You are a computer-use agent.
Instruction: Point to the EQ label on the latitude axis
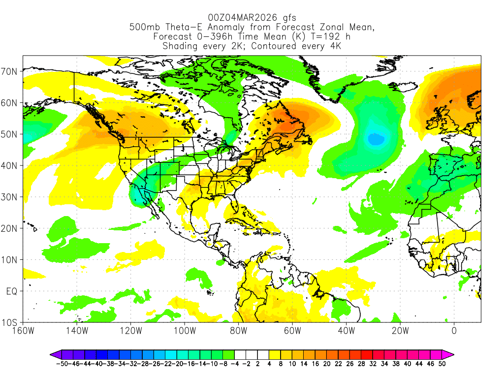(x=12, y=291)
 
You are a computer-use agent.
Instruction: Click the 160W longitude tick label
(x=23, y=331)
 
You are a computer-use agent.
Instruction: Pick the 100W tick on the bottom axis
(x=185, y=331)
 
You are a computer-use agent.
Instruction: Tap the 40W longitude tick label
(x=346, y=331)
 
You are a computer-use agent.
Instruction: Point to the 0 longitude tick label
(x=454, y=331)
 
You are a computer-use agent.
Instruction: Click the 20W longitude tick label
(x=400, y=331)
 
